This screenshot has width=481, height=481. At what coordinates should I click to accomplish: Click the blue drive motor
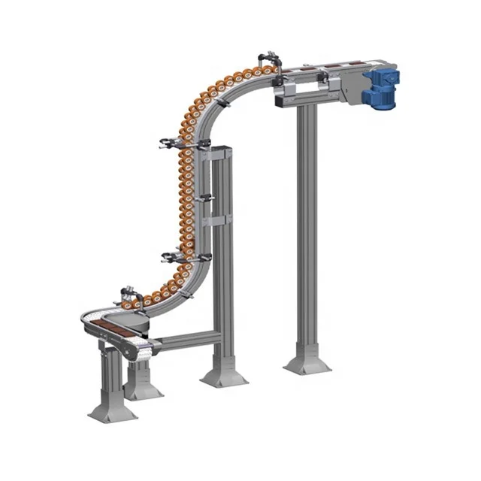coord(383,86)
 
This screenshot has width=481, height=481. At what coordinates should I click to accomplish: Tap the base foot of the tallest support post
coord(307,364)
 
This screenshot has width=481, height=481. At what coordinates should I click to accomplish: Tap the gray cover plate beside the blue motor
coord(349,88)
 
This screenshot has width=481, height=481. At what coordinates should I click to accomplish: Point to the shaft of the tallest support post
coord(307,225)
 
